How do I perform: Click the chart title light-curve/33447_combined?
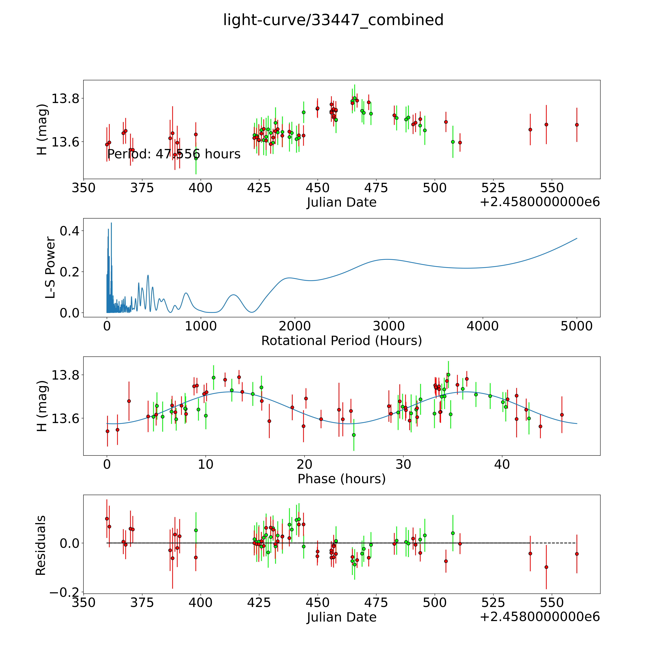coord(333,20)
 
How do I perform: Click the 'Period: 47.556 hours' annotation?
coord(174,154)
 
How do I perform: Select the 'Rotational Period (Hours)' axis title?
coord(341,341)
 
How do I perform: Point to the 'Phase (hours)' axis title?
coord(341,479)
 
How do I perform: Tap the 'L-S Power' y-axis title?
coord(50,268)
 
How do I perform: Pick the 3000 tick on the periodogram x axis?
coord(389,326)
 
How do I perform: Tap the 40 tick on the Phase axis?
coord(502,464)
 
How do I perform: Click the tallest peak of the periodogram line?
coord(111,223)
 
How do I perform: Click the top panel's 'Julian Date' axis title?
coord(341,202)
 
